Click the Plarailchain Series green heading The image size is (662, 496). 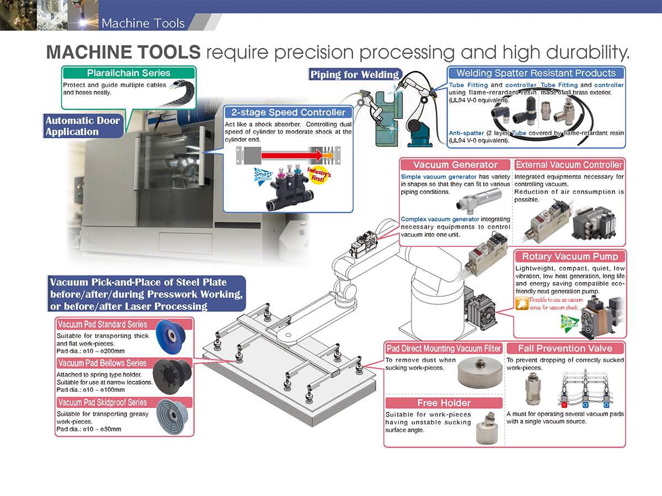click(129, 73)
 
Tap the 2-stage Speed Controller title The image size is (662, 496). click(288, 112)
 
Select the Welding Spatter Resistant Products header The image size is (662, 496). click(536, 73)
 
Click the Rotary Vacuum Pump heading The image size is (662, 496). click(570, 256)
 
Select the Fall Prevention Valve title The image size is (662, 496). click(565, 348)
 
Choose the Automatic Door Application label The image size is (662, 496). click(83, 126)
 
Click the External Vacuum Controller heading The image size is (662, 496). click(569, 165)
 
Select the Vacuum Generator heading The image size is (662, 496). click(455, 165)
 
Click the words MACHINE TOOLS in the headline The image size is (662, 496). click(123, 52)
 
